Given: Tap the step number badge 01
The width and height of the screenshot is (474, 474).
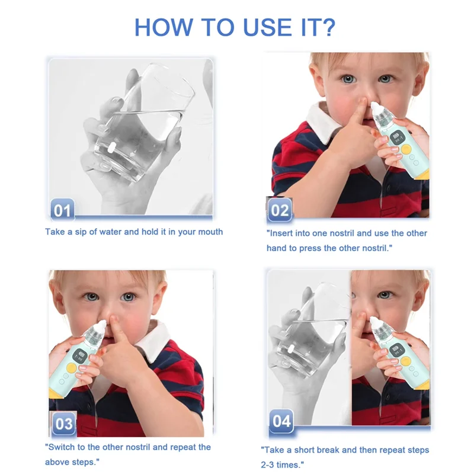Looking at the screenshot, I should [62, 210].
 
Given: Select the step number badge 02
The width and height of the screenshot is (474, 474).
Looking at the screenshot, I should [280, 210].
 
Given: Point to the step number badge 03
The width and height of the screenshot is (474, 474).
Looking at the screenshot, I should [63, 423].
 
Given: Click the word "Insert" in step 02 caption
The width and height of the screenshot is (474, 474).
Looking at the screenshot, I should [284, 233].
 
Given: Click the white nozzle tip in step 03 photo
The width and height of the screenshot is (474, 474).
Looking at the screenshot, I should [104, 324].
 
